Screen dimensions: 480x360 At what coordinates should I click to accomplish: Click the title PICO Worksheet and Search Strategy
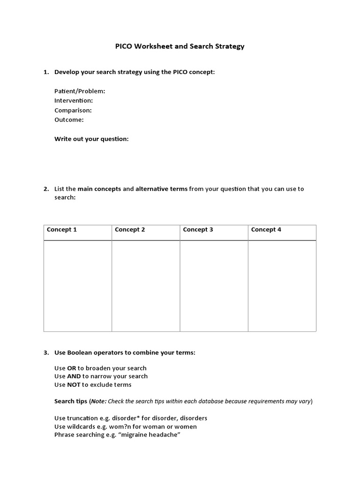tap(180, 46)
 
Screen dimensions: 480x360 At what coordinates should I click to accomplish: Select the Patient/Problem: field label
tap(80, 91)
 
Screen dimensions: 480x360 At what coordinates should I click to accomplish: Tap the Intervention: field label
tap(74, 100)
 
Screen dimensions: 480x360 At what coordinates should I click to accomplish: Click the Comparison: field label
tap(73, 110)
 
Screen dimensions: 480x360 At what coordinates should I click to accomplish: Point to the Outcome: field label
tap(69, 120)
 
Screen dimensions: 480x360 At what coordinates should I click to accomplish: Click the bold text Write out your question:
tap(91, 139)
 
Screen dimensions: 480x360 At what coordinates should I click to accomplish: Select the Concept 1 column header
tap(62, 230)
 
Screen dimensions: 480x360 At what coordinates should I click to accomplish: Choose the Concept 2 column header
tap(130, 230)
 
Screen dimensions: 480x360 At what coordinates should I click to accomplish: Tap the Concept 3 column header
tap(198, 230)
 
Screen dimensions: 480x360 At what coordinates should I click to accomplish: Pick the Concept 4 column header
tap(266, 230)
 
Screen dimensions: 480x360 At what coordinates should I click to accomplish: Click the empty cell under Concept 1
tap(78, 286)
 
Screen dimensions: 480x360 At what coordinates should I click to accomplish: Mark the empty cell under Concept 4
tap(282, 286)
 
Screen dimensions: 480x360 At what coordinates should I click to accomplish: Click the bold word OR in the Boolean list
tap(72, 368)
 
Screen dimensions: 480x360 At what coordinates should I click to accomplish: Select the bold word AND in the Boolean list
tap(74, 376)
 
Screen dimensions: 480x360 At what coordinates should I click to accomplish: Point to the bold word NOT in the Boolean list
tap(74, 384)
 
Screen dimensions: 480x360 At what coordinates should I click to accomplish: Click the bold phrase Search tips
tap(71, 401)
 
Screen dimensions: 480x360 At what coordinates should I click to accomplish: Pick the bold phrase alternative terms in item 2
tap(162, 189)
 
